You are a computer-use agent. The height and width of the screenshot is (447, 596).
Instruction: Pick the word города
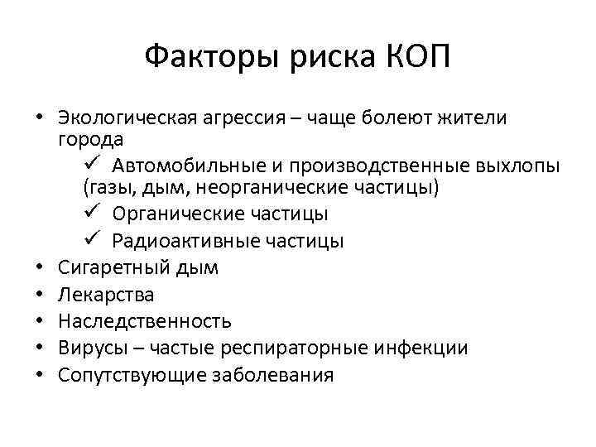[x=92, y=137]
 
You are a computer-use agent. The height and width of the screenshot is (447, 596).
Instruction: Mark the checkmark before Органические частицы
[x=94, y=214]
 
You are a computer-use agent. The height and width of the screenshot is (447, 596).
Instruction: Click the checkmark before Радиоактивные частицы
[x=94, y=241]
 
